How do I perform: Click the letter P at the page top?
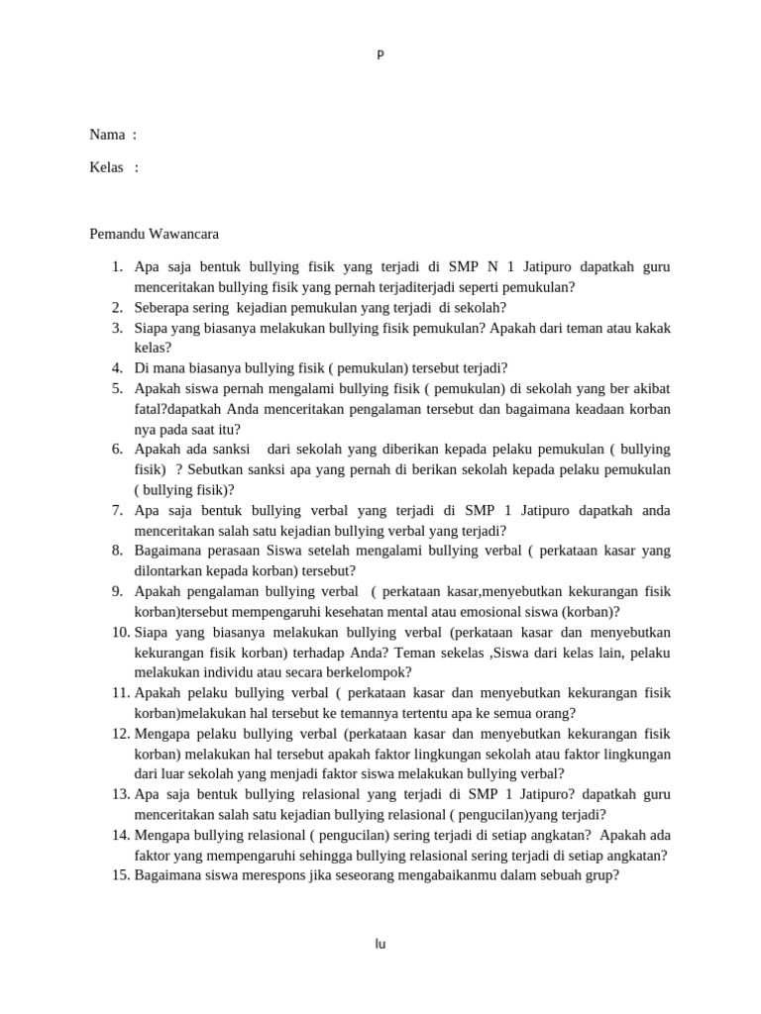click(380, 54)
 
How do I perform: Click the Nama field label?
click(107, 135)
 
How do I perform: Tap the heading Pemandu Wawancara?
click(154, 235)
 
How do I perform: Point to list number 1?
click(116, 267)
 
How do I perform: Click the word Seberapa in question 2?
click(162, 308)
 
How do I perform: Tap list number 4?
click(116, 368)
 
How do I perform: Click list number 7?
click(116, 511)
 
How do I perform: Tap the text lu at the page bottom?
click(380, 944)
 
